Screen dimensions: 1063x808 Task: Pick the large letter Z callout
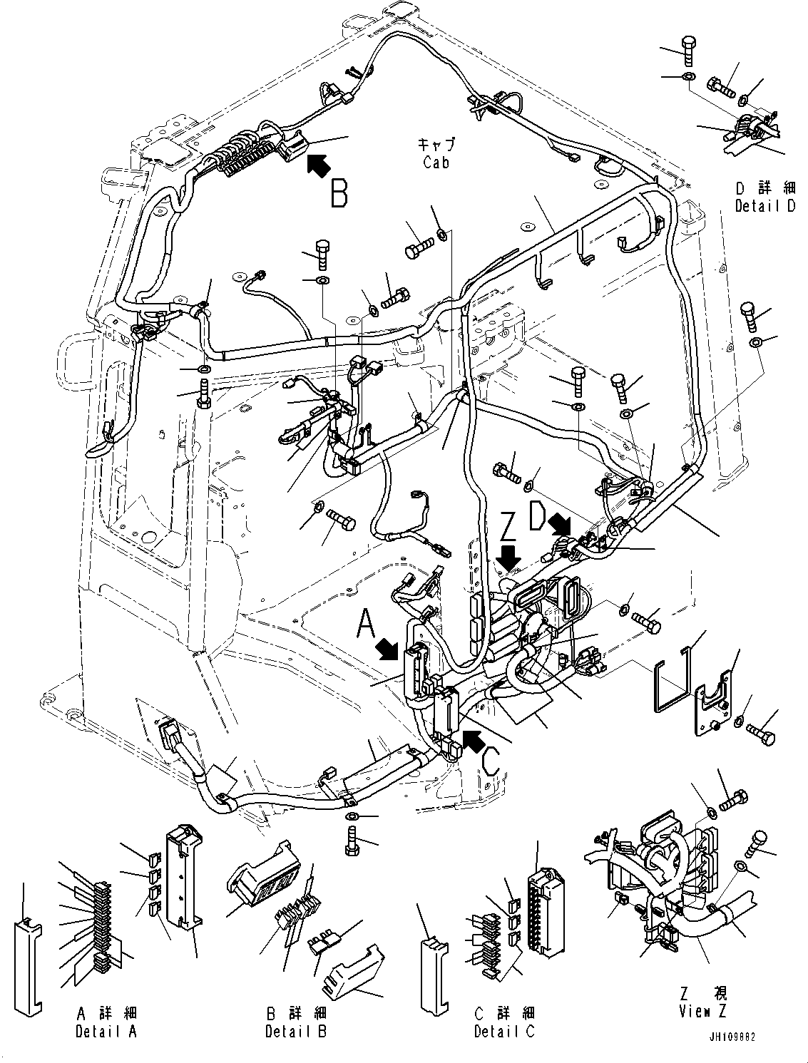508,529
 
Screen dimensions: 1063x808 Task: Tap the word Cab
436,163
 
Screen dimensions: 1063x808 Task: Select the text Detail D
765,206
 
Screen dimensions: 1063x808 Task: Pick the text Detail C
504,1031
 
